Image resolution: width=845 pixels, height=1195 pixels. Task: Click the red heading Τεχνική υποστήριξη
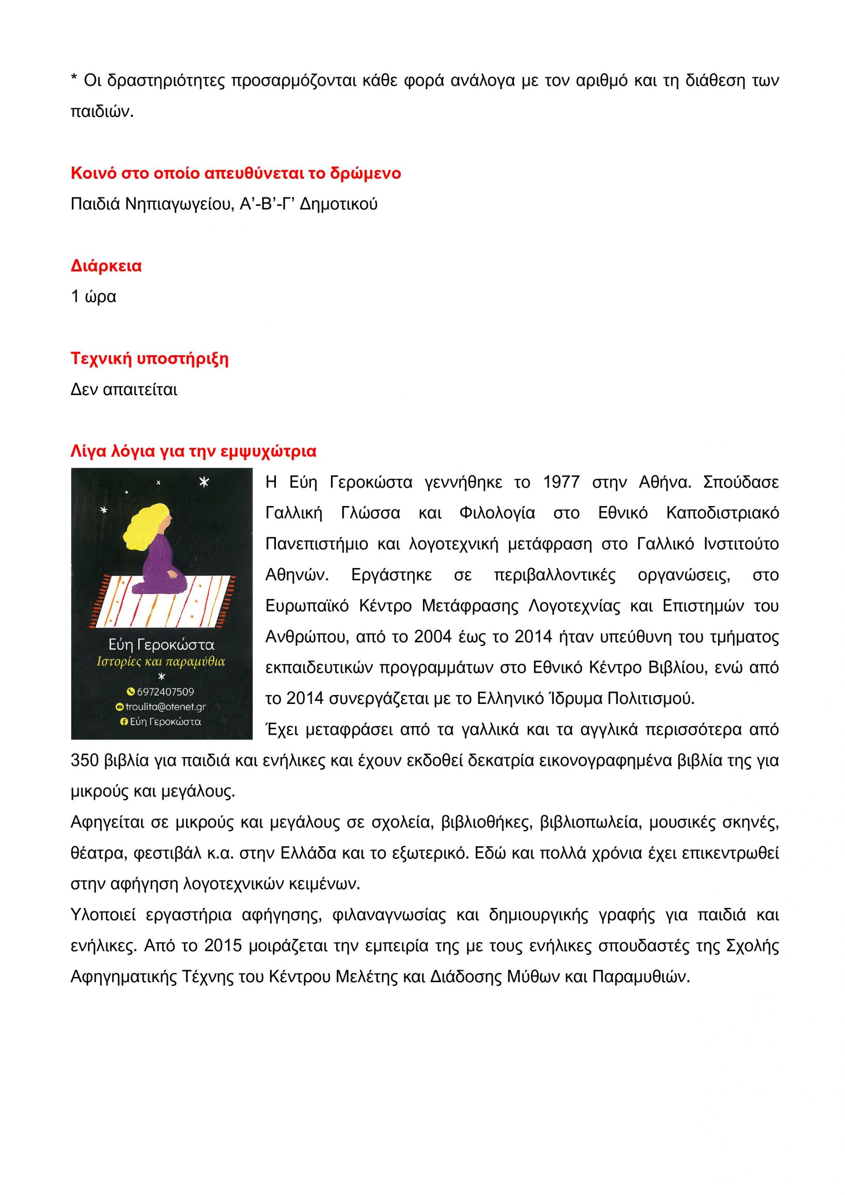tap(149, 358)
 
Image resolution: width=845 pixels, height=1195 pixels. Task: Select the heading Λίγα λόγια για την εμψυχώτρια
tap(193, 451)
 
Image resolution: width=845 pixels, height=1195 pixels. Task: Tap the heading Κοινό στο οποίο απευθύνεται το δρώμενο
tap(235, 173)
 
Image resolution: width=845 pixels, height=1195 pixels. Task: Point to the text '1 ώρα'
tap(93, 297)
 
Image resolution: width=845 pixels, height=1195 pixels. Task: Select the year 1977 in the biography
tap(561, 483)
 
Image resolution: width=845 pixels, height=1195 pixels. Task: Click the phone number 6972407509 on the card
tap(165, 692)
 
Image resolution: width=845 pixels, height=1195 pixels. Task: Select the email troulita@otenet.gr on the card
tap(165, 707)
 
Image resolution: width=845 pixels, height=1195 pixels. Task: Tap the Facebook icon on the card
tap(124, 722)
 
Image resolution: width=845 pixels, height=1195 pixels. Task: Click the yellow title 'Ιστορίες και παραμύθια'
tap(161, 662)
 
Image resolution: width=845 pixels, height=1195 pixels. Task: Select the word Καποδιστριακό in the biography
tap(722, 513)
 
